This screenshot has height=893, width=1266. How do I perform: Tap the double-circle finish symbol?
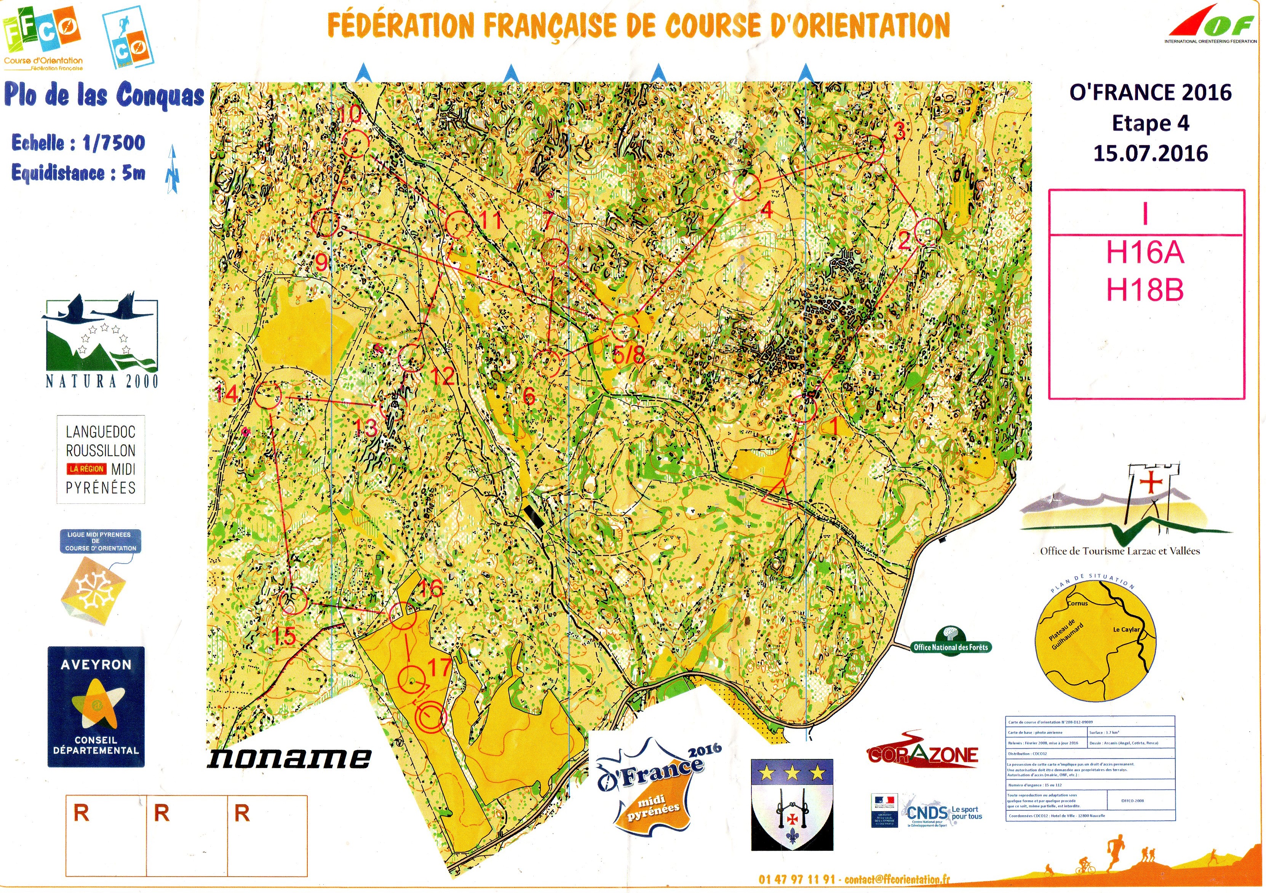[430, 717]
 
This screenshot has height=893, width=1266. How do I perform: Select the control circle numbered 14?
[269, 395]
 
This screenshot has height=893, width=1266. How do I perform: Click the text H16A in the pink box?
[1145, 253]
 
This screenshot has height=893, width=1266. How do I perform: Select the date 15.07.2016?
[1150, 153]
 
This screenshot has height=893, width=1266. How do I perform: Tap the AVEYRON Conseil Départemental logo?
[96, 707]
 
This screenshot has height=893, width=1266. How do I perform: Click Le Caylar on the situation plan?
[1126, 629]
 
